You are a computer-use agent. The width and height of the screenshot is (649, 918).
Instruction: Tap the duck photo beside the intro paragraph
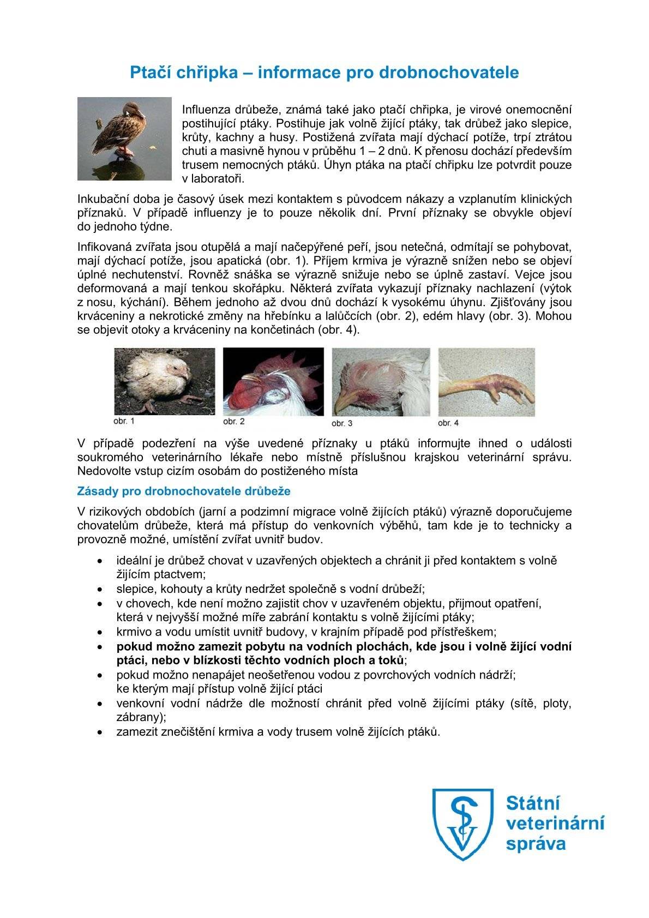[124, 139]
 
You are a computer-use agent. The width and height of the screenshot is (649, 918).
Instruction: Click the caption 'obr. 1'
[124, 421]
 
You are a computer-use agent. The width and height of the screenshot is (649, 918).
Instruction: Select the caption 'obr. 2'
[234, 421]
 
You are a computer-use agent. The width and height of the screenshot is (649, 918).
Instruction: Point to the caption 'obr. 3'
[342, 423]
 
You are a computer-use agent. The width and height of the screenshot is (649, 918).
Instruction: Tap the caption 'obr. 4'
[448, 423]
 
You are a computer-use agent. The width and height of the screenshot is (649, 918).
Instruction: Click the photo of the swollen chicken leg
[486, 382]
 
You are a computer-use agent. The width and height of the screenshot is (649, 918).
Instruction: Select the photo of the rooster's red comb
[273, 382]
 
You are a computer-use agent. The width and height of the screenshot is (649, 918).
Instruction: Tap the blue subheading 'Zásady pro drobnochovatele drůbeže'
[184, 491]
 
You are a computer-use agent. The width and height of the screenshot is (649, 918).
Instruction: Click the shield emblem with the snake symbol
[462, 824]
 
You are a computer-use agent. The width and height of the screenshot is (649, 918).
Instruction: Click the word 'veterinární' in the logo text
[555, 823]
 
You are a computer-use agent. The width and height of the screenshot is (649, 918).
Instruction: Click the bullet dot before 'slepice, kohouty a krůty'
[99, 590]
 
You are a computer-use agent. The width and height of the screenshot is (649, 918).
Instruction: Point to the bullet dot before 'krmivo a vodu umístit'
[99, 633]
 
